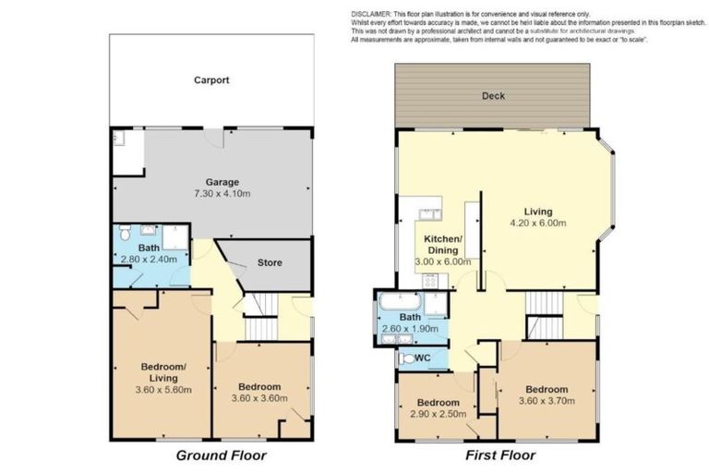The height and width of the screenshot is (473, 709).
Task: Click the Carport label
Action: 211,80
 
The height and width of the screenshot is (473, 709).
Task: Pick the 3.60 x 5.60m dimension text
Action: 163,390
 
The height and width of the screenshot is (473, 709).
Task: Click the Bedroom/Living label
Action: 163,371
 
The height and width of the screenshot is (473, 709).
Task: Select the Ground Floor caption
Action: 222,455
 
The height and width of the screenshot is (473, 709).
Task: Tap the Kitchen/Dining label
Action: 442,244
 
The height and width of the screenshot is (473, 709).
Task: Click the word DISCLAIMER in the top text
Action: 373,13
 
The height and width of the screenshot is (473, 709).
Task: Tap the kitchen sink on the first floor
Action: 429,214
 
